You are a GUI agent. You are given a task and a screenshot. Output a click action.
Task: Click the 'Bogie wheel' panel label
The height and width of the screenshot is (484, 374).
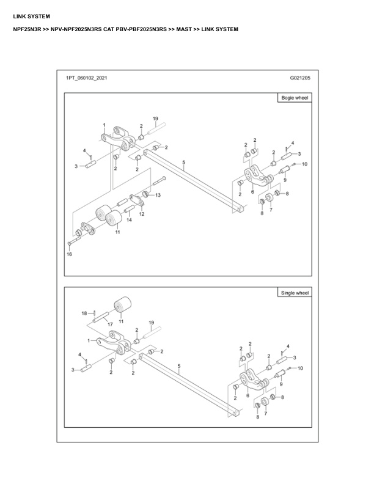point(294,98)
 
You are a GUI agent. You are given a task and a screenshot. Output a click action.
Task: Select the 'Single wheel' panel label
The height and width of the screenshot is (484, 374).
point(295,293)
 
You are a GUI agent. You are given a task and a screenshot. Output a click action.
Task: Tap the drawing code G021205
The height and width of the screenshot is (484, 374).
point(300,79)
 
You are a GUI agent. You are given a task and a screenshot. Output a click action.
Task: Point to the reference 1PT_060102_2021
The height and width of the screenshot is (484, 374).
point(88,79)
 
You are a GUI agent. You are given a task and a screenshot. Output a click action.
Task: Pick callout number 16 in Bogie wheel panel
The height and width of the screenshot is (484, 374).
point(70,254)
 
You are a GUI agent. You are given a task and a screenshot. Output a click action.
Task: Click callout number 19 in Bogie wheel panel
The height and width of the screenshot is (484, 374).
point(155,118)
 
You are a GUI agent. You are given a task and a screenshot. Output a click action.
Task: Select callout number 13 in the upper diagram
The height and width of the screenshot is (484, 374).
point(158,195)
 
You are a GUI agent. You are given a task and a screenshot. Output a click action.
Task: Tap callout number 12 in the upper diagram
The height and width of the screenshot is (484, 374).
point(141,214)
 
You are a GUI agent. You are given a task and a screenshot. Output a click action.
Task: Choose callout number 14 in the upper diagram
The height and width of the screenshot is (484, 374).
point(129,219)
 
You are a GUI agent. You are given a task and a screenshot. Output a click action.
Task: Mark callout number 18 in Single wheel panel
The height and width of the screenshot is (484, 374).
point(84,313)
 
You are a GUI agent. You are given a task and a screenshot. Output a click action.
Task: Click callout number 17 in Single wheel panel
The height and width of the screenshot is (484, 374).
point(111,324)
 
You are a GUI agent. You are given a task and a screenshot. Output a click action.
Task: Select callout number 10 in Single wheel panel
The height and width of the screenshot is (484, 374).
point(300,368)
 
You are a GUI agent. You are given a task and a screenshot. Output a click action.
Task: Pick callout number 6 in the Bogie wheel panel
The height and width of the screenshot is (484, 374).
point(252,192)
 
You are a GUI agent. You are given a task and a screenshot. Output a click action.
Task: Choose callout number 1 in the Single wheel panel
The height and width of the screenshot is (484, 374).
point(89,340)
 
